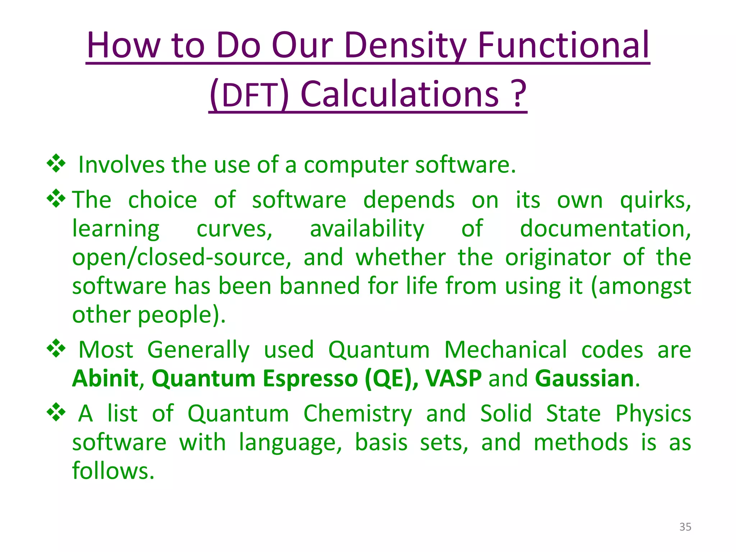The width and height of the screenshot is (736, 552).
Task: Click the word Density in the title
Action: click(406, 46)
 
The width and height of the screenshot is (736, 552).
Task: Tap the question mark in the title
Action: click(519, 94)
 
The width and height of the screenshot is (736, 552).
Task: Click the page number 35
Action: click(685, 527)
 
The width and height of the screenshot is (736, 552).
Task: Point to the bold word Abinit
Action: click(105, 378)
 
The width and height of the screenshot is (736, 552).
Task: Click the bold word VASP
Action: click(453, 378)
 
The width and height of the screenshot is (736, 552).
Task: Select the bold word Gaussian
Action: click(585, 378)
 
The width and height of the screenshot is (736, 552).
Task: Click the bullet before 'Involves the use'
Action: click(56, 164)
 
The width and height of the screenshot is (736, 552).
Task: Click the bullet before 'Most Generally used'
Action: click(56, 348)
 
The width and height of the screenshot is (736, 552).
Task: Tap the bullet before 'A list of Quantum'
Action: click(56, 412)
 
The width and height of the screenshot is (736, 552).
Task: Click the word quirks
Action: click(655, 201)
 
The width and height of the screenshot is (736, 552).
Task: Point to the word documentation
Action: click(605, 229)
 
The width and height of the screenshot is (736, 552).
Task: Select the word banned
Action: click(320, 286)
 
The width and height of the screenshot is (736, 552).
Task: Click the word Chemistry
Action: click(358, 414)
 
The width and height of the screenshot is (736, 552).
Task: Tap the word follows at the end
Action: click(113, 471)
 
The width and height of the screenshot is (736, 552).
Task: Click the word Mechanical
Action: click(506, 350)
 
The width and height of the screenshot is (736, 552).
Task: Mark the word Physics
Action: click(653, 414)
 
